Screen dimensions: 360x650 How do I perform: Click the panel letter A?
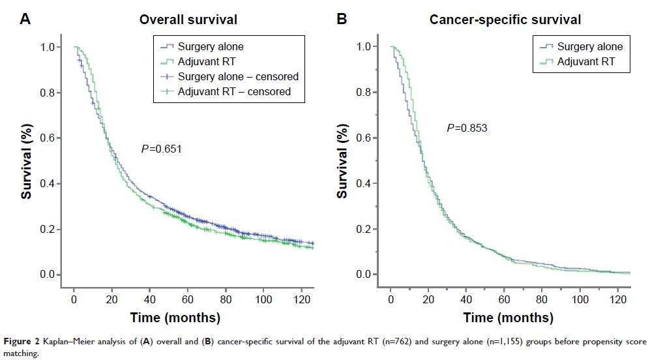click(25, 18)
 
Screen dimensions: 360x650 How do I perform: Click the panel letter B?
click(342, 18)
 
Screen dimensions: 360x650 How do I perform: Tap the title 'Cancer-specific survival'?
click(505, 20)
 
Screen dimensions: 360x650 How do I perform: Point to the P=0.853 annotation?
click(467, 128)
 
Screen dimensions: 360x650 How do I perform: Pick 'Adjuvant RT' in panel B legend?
click(585, 62)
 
